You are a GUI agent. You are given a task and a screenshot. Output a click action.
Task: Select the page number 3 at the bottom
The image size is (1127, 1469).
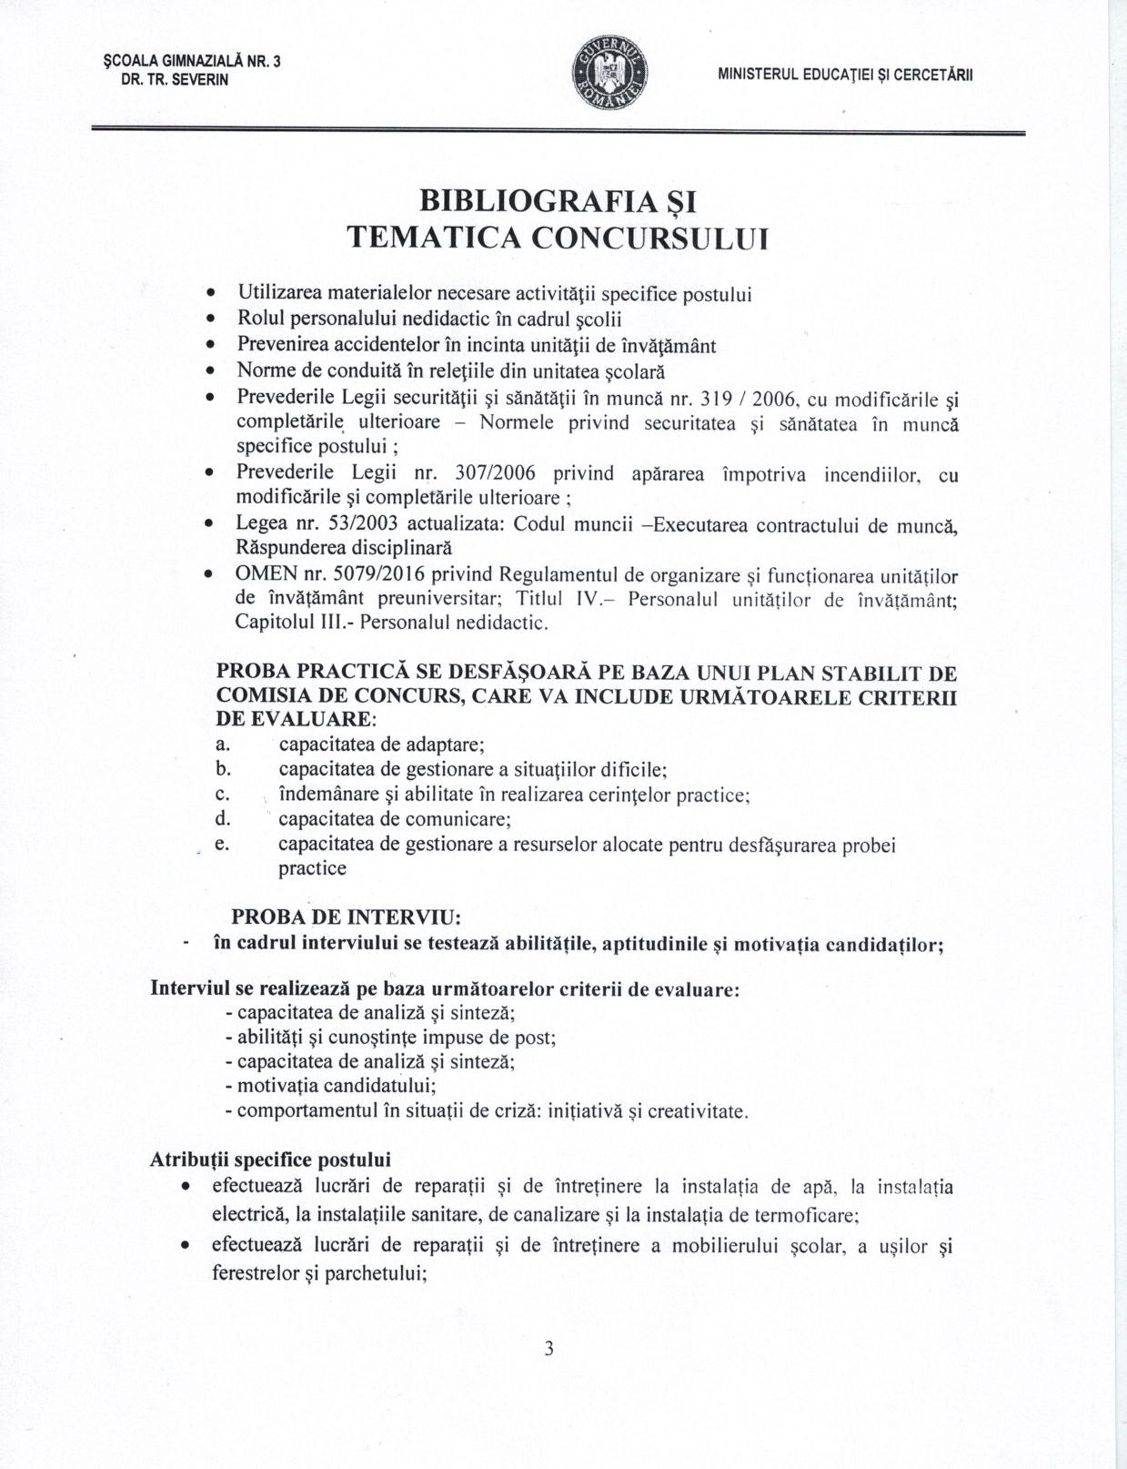[x=548, y=1349]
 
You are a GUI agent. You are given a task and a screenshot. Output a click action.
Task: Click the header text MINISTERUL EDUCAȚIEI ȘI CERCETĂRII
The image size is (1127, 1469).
[x=845, y=76]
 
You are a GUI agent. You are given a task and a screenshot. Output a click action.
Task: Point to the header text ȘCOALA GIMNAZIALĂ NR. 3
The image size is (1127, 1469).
[x=192, y=62]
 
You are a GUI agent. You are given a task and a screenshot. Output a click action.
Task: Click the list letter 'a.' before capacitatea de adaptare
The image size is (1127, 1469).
[x=221, y=745]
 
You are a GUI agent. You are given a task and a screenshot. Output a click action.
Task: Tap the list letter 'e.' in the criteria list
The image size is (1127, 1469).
[x=221, y=845]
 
